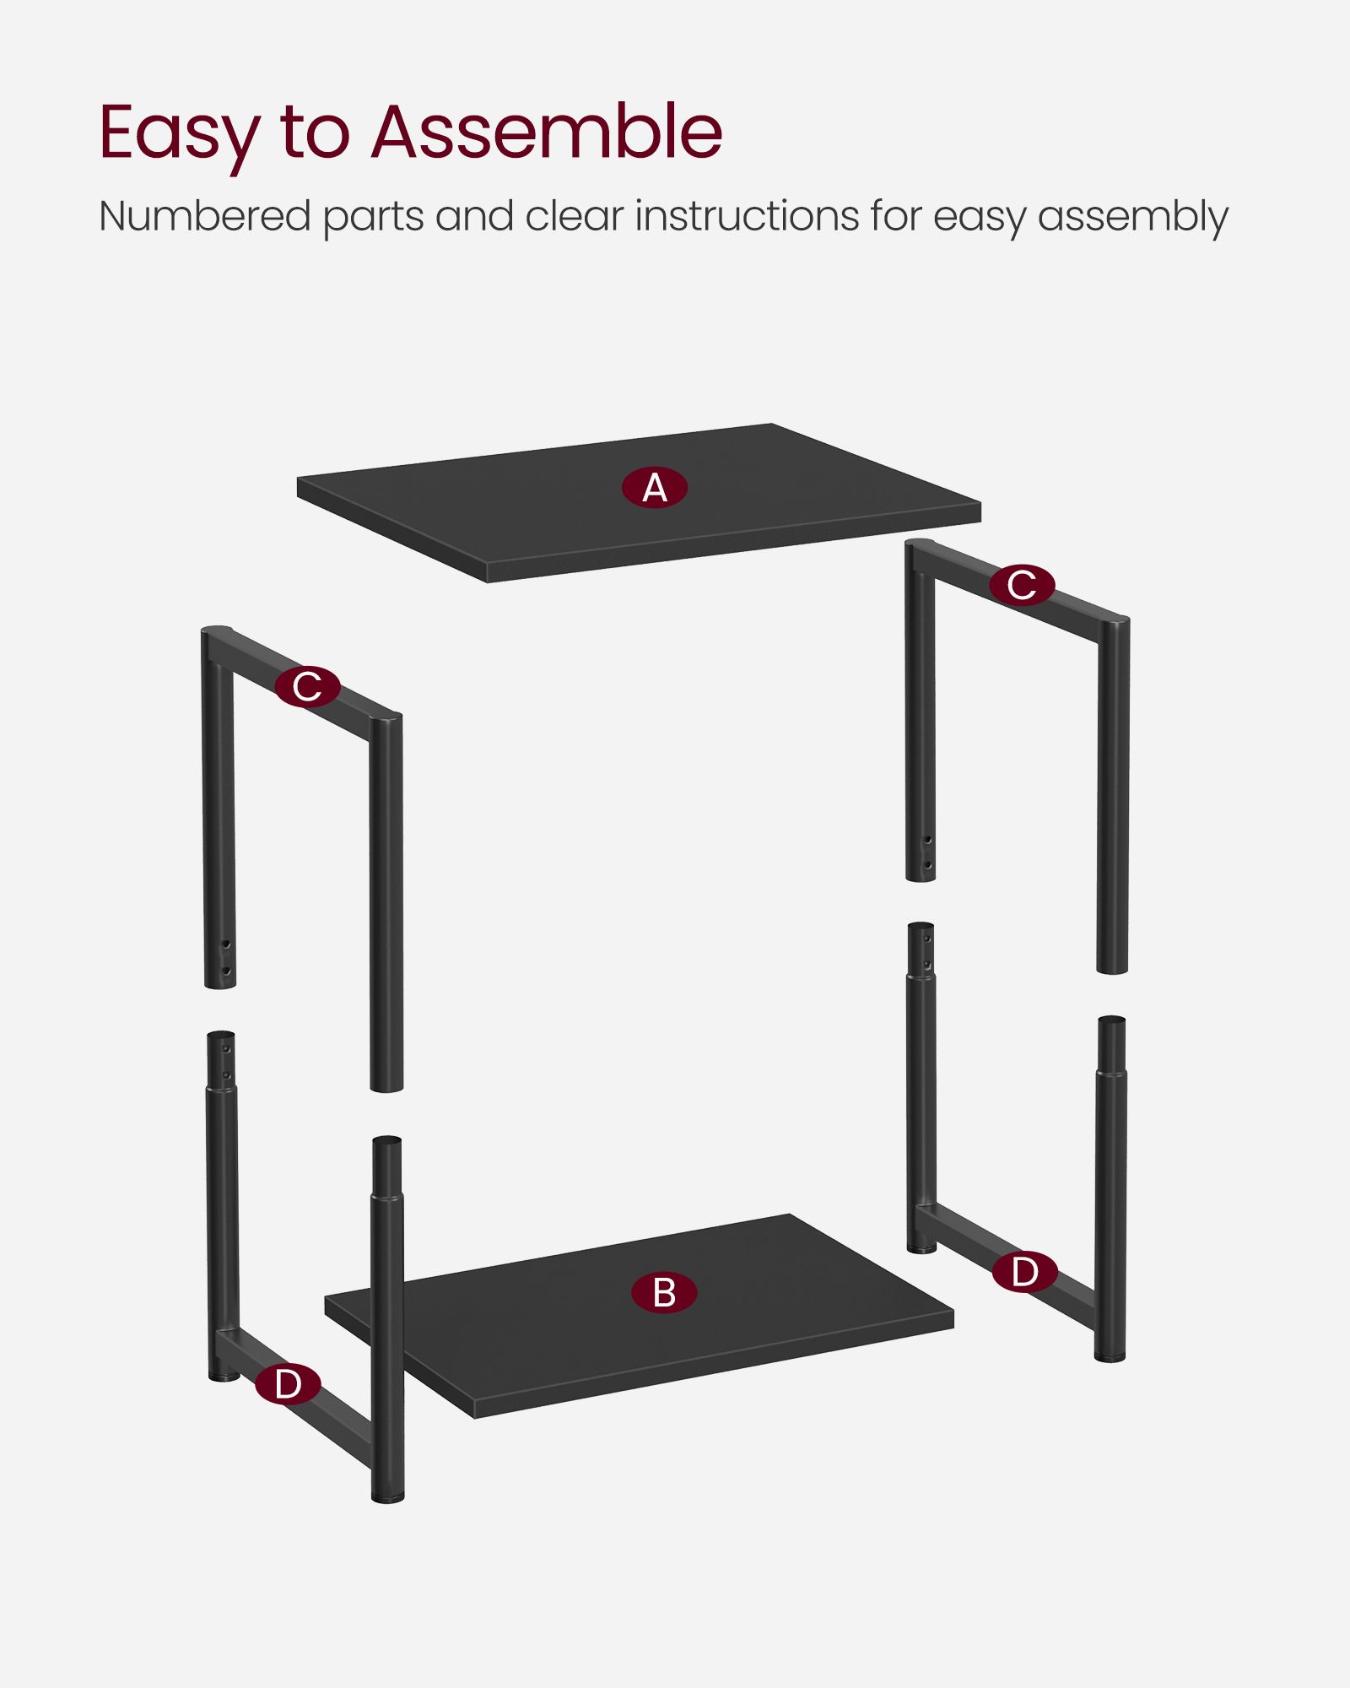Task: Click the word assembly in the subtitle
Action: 1133,218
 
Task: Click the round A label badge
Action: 655,488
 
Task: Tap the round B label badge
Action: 664,1292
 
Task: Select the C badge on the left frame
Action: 307,686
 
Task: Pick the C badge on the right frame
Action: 1022,585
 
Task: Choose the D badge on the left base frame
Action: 288,1384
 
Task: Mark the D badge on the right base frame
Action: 1024,1272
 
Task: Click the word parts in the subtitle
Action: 373,218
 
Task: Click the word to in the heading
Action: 315,133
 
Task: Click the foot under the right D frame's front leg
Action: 1110,1356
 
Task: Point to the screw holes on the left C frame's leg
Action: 225,957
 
